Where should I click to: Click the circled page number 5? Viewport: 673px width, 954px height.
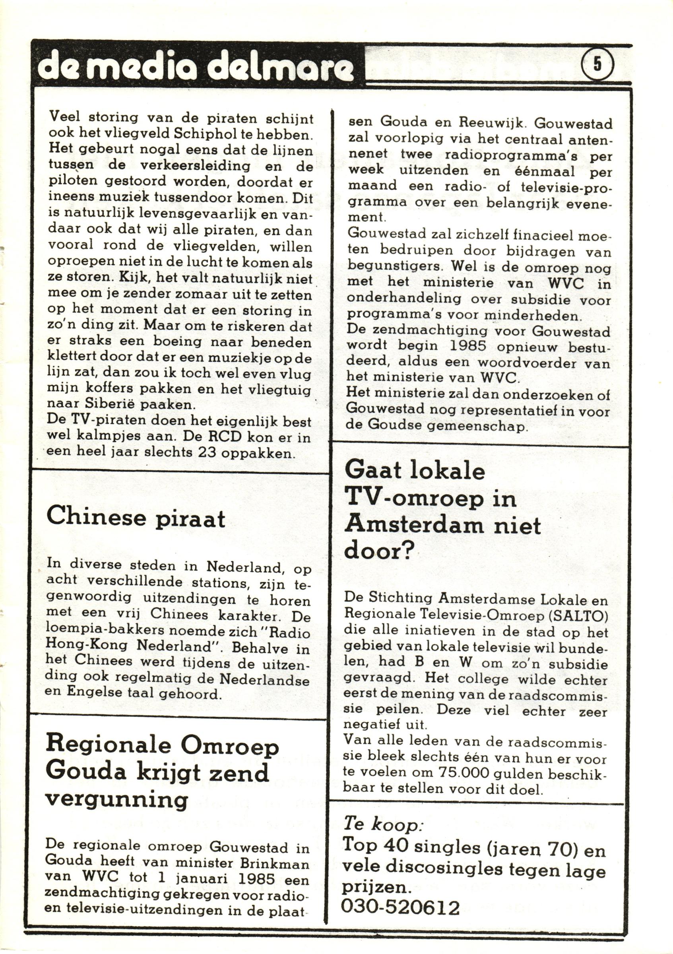click(598, 64)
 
